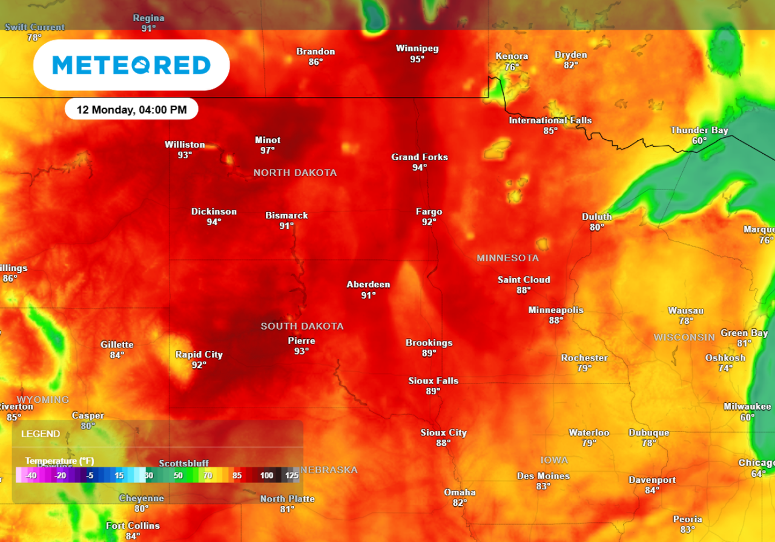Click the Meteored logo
pos(131,65)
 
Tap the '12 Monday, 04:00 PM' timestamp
pos(131,109)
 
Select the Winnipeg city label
pos(417,48)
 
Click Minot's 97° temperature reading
pos(268,150)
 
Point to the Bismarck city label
pos(286,215)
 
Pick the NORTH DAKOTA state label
pos(295,173)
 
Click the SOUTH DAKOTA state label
pos(302,326)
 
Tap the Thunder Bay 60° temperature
pos(699,140)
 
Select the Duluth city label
pos(597,217)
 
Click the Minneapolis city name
pos(556,310)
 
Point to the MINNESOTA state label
pos(507,258)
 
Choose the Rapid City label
pos(199,354)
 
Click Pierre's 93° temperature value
pos(302,351)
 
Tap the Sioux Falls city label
pos(433,381)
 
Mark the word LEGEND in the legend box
pos(41,434)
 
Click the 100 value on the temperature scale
pos(266,475)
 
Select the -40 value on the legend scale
pos(32,475)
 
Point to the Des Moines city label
pos(543,476)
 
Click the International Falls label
pos(550,120)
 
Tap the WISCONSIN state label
pos(684,336)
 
